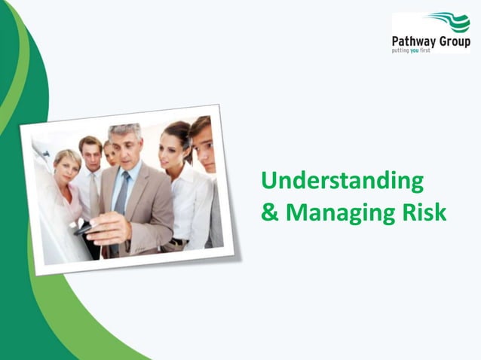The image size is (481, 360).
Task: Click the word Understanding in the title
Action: pyautogui.click(x=342, y=182)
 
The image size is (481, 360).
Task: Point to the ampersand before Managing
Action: pyautogui.click(x=269, y=213)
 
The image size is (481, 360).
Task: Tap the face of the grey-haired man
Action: pyautogui.click(x=125, y=149)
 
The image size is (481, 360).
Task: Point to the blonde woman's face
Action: pyautogui.click(x=68, y=166)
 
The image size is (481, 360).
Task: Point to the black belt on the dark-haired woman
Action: pyautogui.click(x=177, y=242)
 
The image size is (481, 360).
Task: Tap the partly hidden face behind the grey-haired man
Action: pyautogui.click(x=110, y=154)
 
